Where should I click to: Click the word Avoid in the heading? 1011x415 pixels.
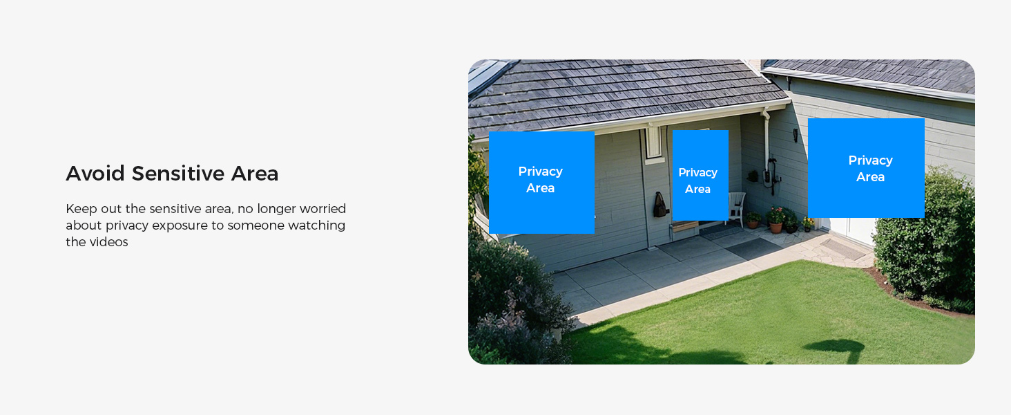pos(95,174)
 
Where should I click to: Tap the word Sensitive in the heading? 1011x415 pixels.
pos(178,174)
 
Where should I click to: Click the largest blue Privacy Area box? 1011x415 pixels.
pos(866,168)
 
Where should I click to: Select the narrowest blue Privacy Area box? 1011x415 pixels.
pos(700,176)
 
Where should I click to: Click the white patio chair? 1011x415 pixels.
pos(737,208)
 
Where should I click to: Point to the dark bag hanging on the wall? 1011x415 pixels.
pos(660,205)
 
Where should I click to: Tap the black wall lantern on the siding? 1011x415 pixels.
pos(796,135)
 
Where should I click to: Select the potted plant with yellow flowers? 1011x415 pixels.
pos(807,223)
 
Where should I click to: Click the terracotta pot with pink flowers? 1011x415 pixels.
pos(776,221)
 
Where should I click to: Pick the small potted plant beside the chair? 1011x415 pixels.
pos(753,220)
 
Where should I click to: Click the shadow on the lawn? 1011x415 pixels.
pos(835,348)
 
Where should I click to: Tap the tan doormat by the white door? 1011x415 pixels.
pos(842,249)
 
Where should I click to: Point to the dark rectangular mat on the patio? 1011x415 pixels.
pos(753,248)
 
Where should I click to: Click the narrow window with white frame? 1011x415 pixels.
pos(653,143)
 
